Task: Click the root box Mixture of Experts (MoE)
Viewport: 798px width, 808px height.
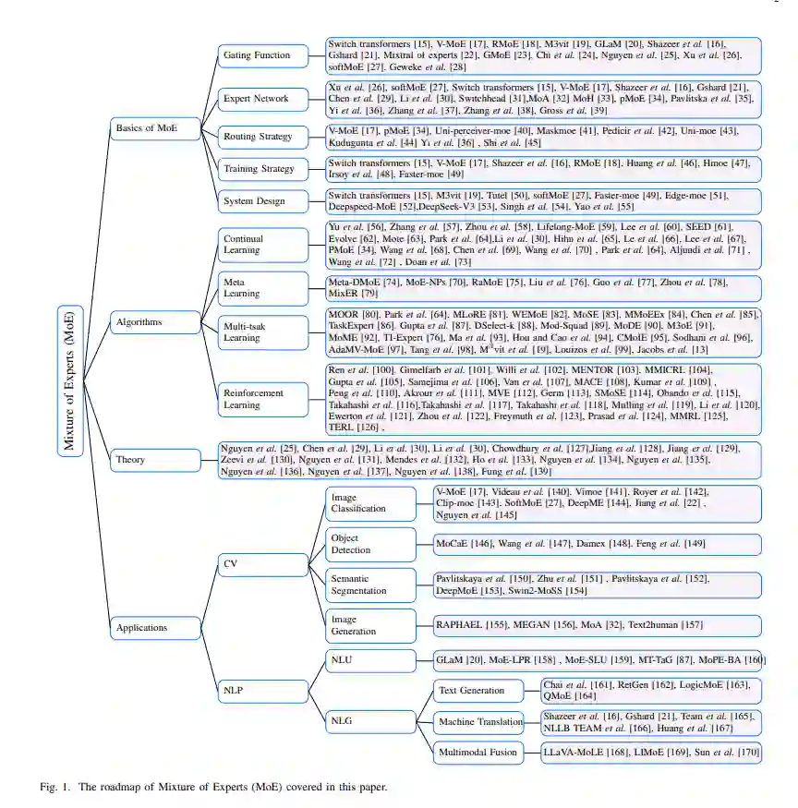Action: click(70, 380)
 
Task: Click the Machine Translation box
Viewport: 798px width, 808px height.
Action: click(479, 721)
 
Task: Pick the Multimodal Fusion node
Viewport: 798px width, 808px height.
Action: click(479, 753)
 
